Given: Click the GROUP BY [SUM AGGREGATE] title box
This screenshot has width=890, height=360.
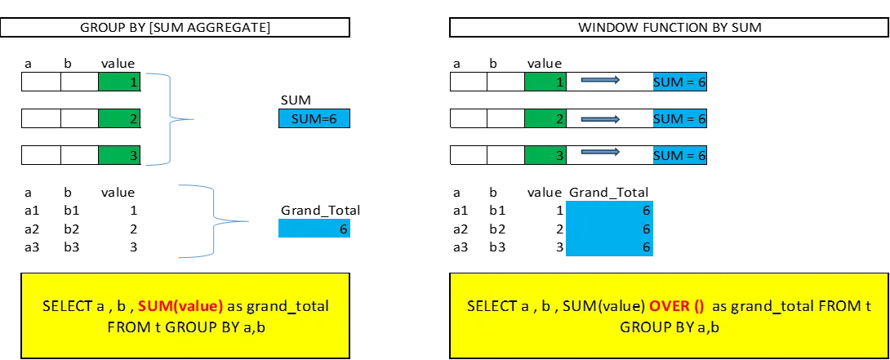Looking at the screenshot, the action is (x=175, y=27).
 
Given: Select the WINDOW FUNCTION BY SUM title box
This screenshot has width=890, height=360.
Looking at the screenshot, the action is (x=670, y=27).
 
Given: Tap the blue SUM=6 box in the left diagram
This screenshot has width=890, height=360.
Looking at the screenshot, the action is (x=314, y=118).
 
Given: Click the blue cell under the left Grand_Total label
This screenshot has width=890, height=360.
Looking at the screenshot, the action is (x=314, y=229).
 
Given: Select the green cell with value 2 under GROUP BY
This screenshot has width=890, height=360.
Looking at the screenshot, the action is (x=119, y=118).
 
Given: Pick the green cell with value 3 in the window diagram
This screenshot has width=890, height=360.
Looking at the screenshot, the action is (x=545, y=155).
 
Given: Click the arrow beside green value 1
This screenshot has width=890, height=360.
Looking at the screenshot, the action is (x=600, y=81).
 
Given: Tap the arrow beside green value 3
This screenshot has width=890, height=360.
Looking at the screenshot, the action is (x=600, y=152).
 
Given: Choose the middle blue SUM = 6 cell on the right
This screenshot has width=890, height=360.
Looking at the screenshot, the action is (x=679, y=118).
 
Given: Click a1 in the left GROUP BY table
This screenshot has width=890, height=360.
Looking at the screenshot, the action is (x=31, y=211).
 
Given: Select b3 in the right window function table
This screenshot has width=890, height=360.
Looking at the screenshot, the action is (x=497, y=247).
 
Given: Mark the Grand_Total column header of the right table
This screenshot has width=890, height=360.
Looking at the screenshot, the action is (x=608, y=193).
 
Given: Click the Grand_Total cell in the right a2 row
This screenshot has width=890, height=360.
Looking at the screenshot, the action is (x=610, y=229).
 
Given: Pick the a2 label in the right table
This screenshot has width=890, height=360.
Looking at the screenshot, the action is (x=461, y=229).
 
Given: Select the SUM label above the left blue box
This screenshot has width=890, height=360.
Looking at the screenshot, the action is (x=296, y=100).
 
